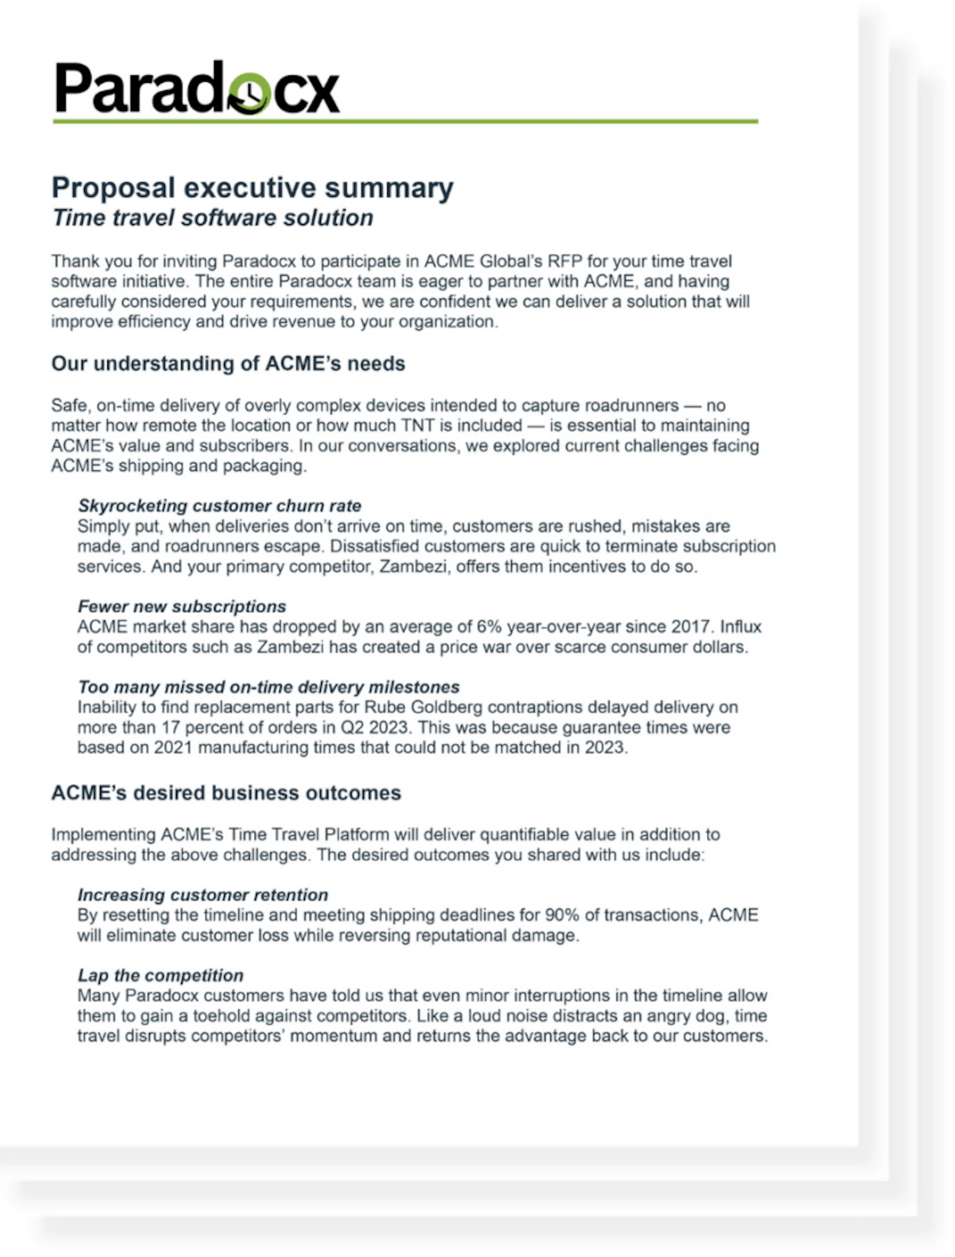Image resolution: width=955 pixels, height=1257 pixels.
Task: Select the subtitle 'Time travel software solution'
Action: pos(213,218)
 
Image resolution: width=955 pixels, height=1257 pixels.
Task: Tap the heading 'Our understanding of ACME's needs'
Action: pos(228,363)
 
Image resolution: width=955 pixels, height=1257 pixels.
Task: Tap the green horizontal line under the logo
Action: pos(405,121)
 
